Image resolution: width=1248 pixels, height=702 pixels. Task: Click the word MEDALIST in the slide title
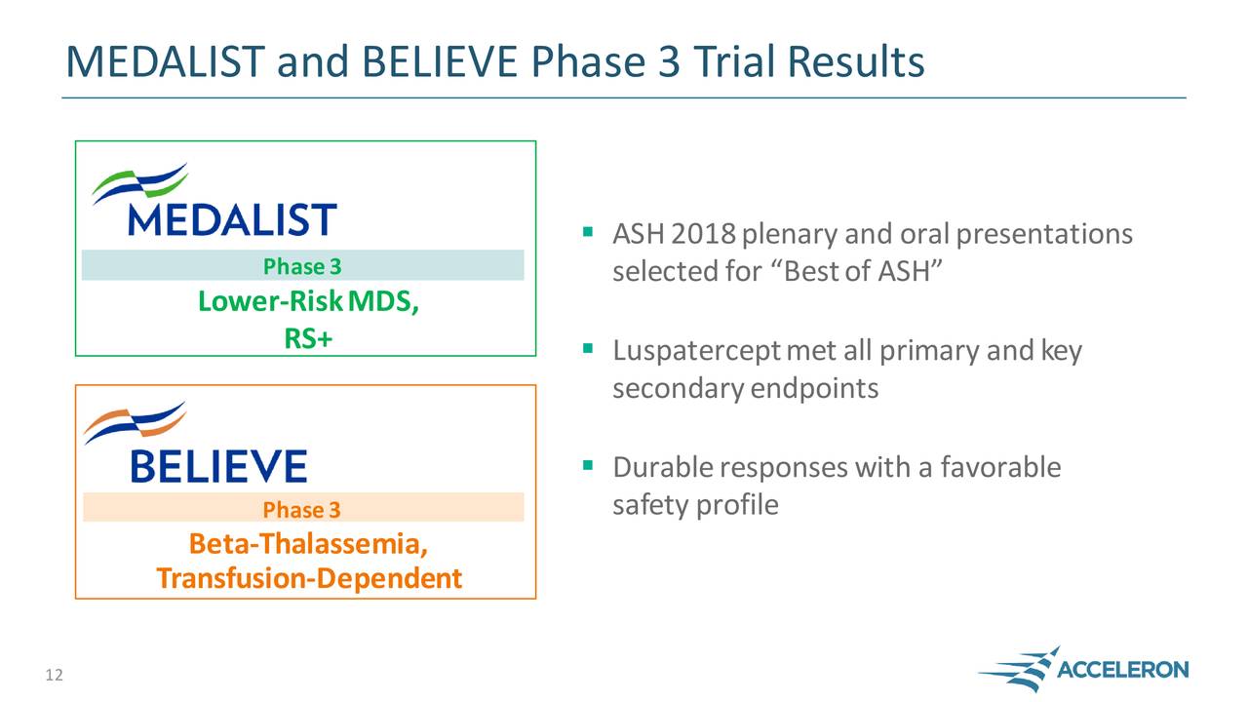pyautogui.click(x=166, y=61)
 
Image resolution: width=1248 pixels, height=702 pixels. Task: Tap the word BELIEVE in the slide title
pyautogui.click(x=440, y=61)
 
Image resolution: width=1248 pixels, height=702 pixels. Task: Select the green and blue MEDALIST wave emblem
pyautogui.click(x=139, y=182)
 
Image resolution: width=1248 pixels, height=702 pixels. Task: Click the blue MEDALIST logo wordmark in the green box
pyautogui.click(x=232, y=219)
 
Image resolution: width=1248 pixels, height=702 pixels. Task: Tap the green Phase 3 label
pyautogui.click(x=302, y=266)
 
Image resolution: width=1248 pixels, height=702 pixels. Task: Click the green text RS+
pyautogui.click(x=308, y=338)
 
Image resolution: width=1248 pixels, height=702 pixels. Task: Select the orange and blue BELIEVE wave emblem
pyautogui.click(x=135, y=422)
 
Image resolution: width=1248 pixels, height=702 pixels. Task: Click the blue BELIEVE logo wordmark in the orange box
pyautogui.click(x=219, y=466)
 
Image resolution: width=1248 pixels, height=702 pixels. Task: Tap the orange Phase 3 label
pyautogui.click(x=301, y=510)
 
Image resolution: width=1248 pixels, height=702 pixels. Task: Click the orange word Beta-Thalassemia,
pyautogui.click(x=308, y=544)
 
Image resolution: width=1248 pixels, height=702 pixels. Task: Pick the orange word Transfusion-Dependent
pyautogui.click(x=309, y=578)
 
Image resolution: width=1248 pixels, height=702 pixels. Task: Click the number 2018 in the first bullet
pyautogui.click(x=704, y=234)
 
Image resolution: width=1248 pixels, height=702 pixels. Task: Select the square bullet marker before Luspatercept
pyautogui.click(x=588, y=349)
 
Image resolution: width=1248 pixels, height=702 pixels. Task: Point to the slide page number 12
pyautogui.click(x=54, y=676)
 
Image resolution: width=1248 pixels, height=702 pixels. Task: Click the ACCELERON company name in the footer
pyautogui.click(x=1122, y=669)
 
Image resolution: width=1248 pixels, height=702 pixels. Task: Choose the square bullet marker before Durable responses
pyautogui.click(x=588, y=465)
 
